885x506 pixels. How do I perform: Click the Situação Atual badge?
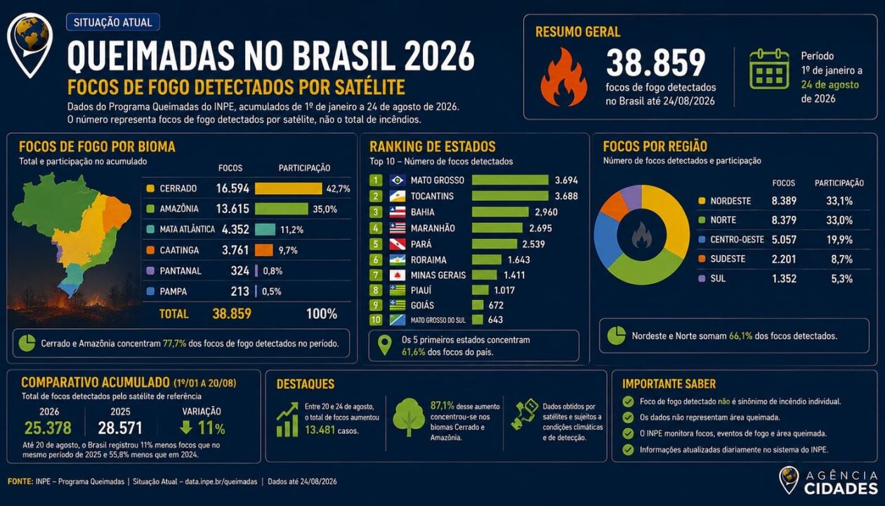click(x=112, y=22)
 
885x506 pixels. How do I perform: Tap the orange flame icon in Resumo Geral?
click(x=563, y=77)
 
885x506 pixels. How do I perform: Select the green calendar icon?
click(x=769, y=69)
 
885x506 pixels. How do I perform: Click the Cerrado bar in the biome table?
click(x=289, y=188)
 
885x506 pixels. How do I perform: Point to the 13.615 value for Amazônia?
click(x=232, y=209)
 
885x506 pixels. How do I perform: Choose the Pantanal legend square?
click(x=150, y=271)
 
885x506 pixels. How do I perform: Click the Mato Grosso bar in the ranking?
click(x=510, y=180)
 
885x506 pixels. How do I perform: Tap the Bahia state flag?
click(x=398, y=212)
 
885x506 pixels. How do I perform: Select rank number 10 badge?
click(x=376, y=320)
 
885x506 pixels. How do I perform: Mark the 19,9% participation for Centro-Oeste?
click(x=839, y=240)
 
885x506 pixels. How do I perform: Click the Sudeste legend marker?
click(x=702, y=259)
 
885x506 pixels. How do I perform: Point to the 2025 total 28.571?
click(x=119, y=428)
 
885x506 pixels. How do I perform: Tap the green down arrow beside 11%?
click(x=185, y=427)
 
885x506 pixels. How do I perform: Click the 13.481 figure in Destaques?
click(x=320, y=429)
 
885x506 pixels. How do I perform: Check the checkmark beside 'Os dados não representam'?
click(x=628, y=417)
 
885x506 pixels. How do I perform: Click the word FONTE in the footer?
click(x=20, y=481)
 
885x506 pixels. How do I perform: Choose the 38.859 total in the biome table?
click(x=232, y=314)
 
